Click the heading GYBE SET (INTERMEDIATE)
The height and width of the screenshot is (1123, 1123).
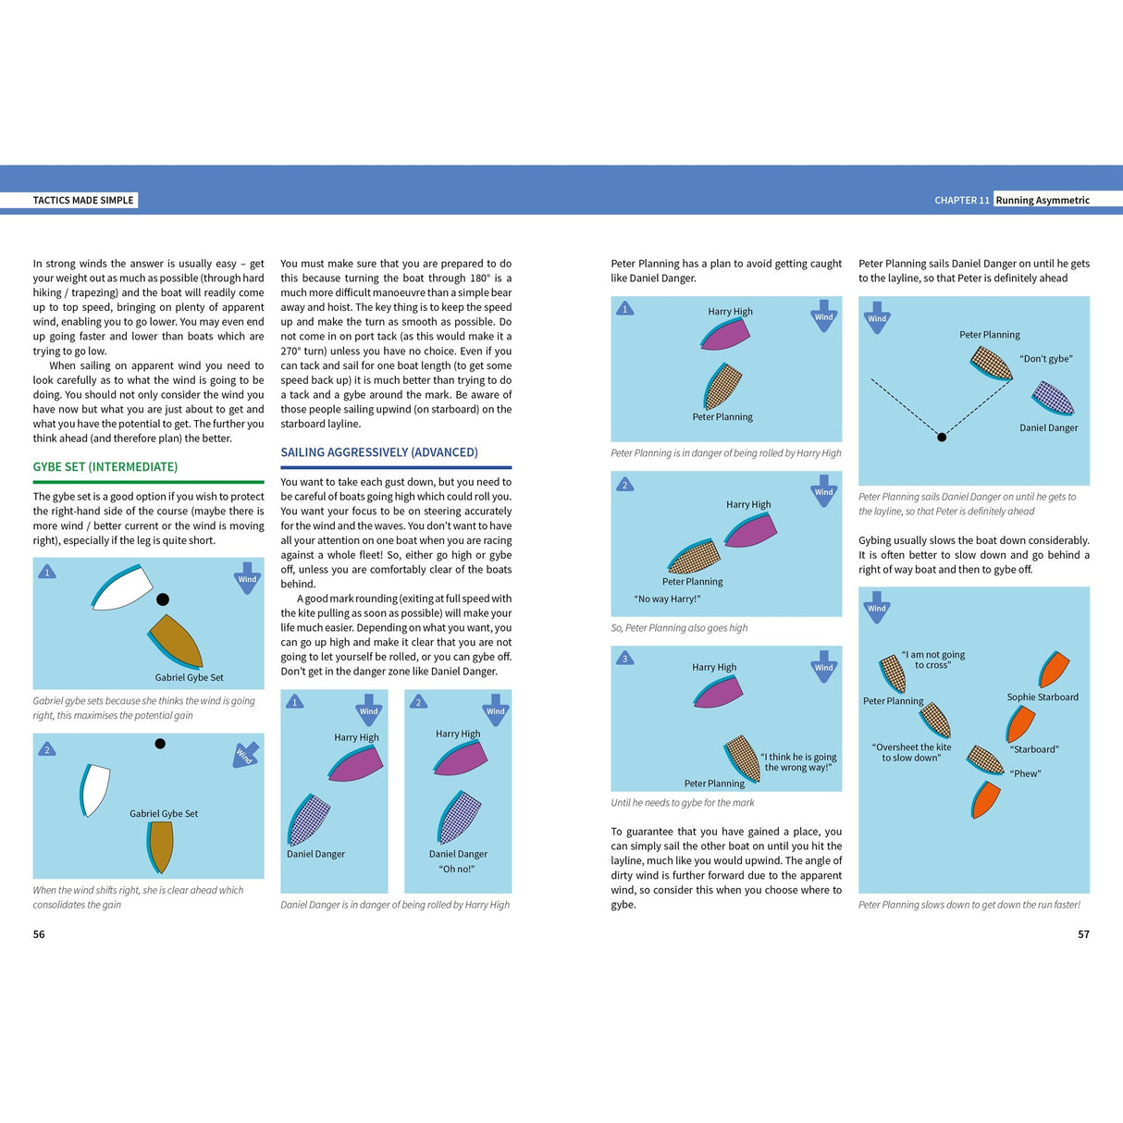[x=105, y=467]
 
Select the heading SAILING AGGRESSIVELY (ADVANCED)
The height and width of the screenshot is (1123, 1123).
[x=379, y=452]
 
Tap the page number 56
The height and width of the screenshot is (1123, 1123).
[x=39, y=934]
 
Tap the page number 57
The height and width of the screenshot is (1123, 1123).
[x=1083, y=934]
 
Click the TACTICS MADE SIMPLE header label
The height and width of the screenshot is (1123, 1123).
[x=83, y=200]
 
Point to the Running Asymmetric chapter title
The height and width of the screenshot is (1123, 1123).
[x=1043, y=200]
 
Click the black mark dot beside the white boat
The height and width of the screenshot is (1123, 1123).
[x=163, y=599]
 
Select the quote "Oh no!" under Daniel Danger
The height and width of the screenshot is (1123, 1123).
[x=457, y=869]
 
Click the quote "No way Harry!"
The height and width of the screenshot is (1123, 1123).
[x=667, y=599]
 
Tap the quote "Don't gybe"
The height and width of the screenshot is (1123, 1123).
[x=1046, y=359]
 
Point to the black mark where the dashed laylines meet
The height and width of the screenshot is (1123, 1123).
[x=942, y=437]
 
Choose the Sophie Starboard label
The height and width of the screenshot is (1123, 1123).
[x=1043, y=697]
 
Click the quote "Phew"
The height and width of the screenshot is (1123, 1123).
[x=1025, y=773]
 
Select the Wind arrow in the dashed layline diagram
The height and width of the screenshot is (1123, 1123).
[x=876, y=315]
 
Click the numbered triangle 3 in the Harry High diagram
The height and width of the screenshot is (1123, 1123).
[x=625, y=659]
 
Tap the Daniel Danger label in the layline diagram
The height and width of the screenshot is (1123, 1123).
[x=1048, y=427]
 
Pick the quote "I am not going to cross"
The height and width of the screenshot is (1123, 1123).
[x=932, y=660]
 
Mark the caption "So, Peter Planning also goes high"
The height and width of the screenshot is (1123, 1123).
[x=679, y=628]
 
